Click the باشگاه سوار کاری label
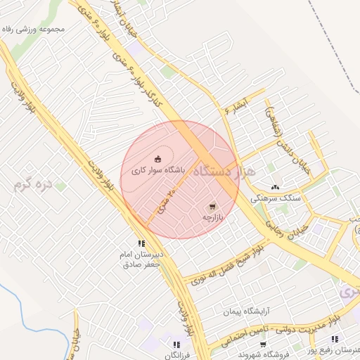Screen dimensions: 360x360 point(158,170)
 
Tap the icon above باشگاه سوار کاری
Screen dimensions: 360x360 point(157,158)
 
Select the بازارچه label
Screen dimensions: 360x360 point(212,218)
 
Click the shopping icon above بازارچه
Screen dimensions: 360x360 point(212,207)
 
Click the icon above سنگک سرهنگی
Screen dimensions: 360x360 point(275,187)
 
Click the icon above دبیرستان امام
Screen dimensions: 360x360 point(141,243)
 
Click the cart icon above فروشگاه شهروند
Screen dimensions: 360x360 point(263,345)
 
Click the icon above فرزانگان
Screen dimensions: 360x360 point(176,345)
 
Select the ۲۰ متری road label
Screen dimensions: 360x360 point(163,200)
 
